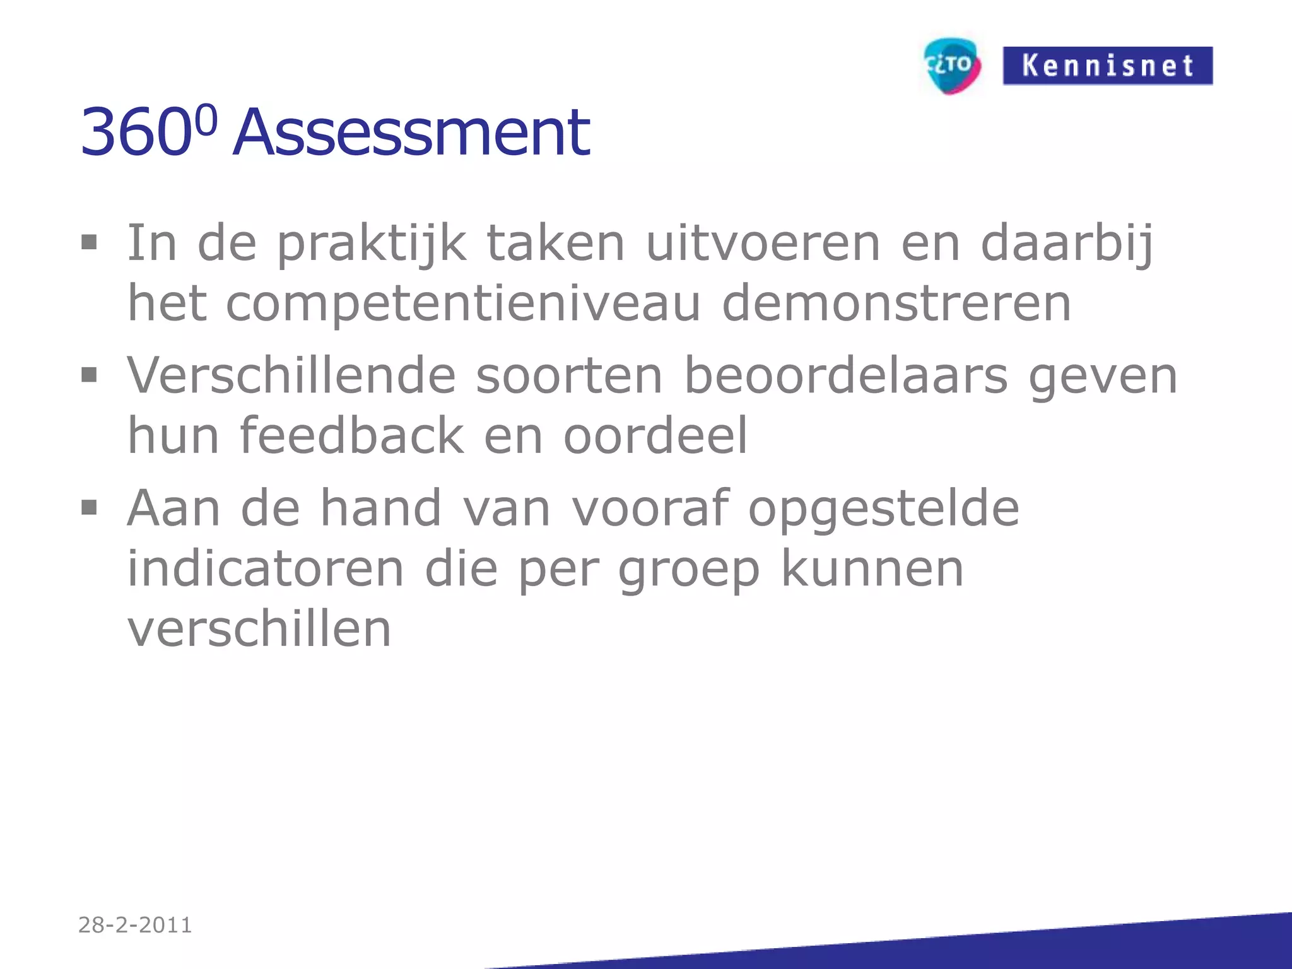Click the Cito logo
(x=951, y=66)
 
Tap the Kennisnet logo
(x=1107, y=66)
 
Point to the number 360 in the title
(x=136, y=134)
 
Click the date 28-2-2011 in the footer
(x=135, y=925)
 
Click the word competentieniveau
(x=463, y=304)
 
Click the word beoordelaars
(x=846, y=376)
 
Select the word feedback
(x=351, y=435)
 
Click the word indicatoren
(x=266, y=568)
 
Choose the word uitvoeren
(x=763, y=244)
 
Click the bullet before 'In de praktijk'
(x=89, y=243)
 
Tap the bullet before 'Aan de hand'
(x=89, y=507)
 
